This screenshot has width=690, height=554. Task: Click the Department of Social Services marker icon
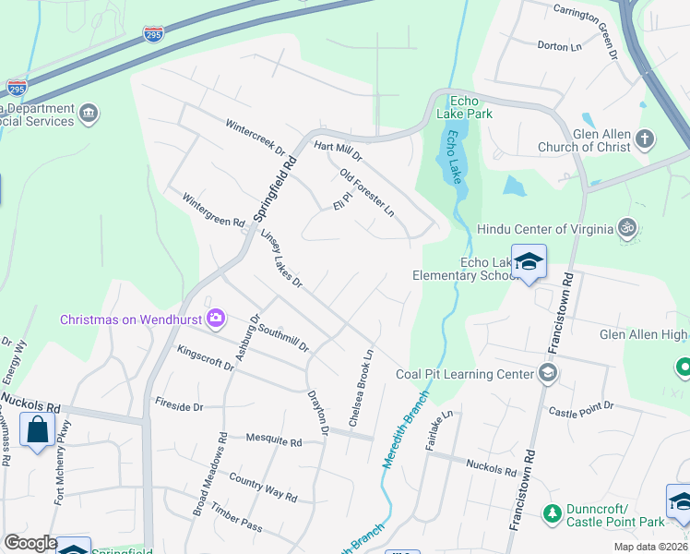point(89,114)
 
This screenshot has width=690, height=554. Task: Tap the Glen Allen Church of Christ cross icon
point(645,140)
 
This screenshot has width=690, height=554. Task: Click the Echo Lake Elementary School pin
point(529,262)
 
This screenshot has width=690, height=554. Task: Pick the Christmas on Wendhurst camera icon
point(216,319)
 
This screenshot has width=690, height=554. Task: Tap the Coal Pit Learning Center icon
point(548,373)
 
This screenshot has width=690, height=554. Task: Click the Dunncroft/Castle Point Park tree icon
point(552,512)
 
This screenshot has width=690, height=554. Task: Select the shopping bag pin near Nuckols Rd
point(36,430)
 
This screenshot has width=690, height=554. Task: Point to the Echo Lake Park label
point(470,107)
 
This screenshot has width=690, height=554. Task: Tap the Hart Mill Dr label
point(339,146)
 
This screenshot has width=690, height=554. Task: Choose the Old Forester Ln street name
point(366,193)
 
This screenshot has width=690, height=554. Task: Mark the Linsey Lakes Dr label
point(280,259)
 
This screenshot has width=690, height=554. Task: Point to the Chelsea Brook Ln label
point(362,387)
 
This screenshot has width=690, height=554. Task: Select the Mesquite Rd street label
point(274,441)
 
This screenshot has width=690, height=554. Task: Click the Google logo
point(30,543)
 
